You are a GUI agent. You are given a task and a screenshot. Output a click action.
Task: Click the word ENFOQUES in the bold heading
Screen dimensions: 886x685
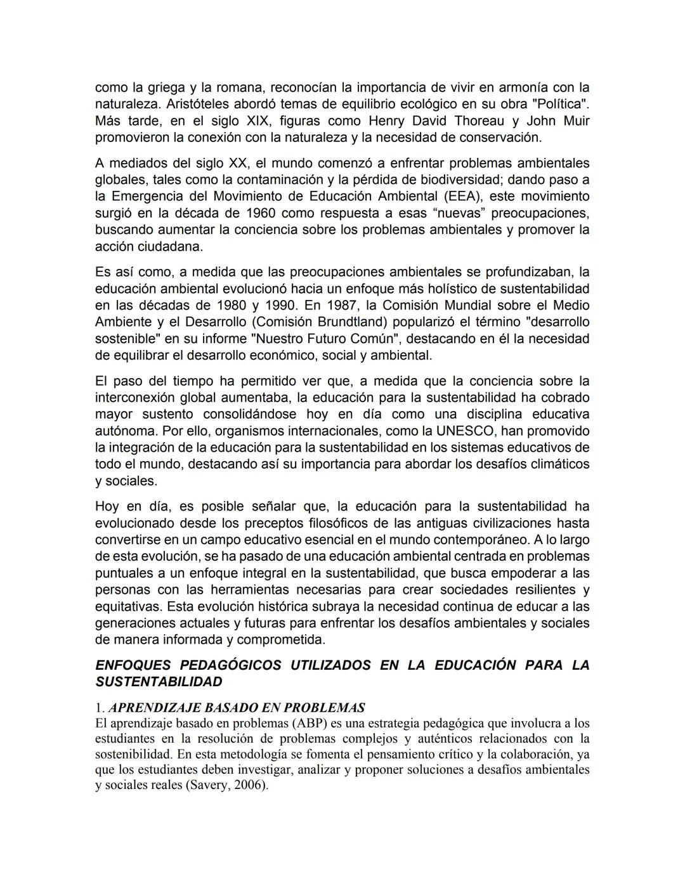point(133,665)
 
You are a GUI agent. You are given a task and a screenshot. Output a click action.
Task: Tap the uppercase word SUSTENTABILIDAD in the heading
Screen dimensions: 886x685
point(159,682)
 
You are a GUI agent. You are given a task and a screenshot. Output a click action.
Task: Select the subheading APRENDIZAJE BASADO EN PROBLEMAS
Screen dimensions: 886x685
point(237,708)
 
